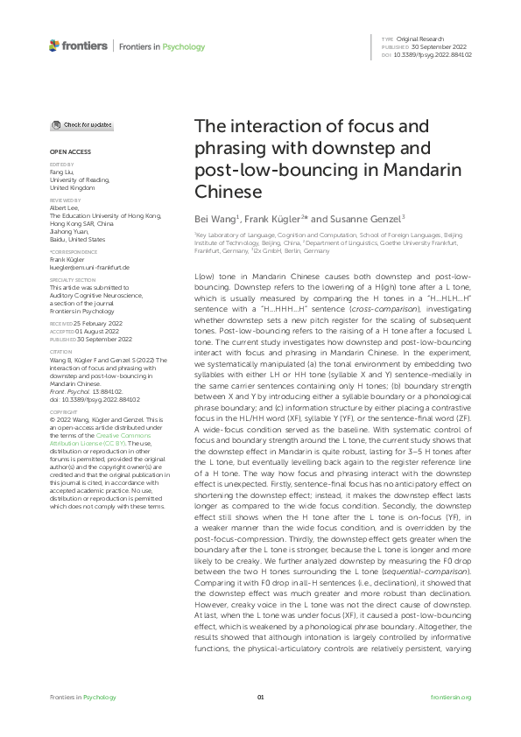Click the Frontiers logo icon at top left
coord(55,45)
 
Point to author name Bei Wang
coord(214,217)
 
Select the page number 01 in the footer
coord(260,697)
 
